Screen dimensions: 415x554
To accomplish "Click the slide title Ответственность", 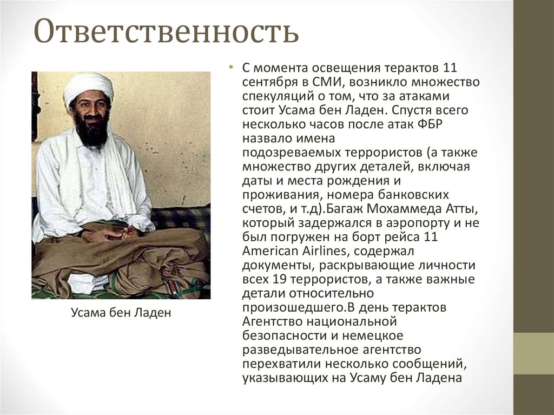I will tap(166, 32).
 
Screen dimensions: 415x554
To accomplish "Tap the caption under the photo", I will tap(121, 313).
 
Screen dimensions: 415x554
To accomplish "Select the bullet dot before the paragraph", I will tap(230, 69).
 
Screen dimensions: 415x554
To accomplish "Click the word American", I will tap(268, 251).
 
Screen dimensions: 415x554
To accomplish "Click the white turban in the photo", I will tap(88, 87).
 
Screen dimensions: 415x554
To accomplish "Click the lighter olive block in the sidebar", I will tap(533, 353).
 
